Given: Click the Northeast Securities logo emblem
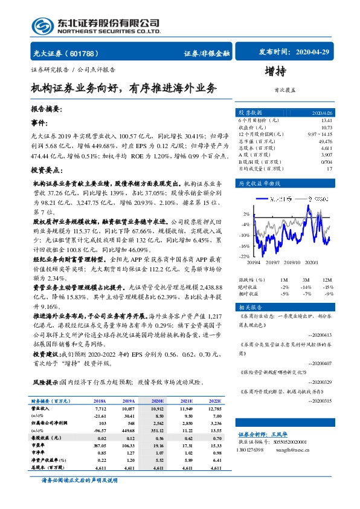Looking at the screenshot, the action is coord(40,25).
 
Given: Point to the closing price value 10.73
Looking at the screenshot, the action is coord(325,128).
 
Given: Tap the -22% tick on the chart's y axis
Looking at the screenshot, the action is coord(245,256).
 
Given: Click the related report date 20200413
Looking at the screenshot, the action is coord(320,334).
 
